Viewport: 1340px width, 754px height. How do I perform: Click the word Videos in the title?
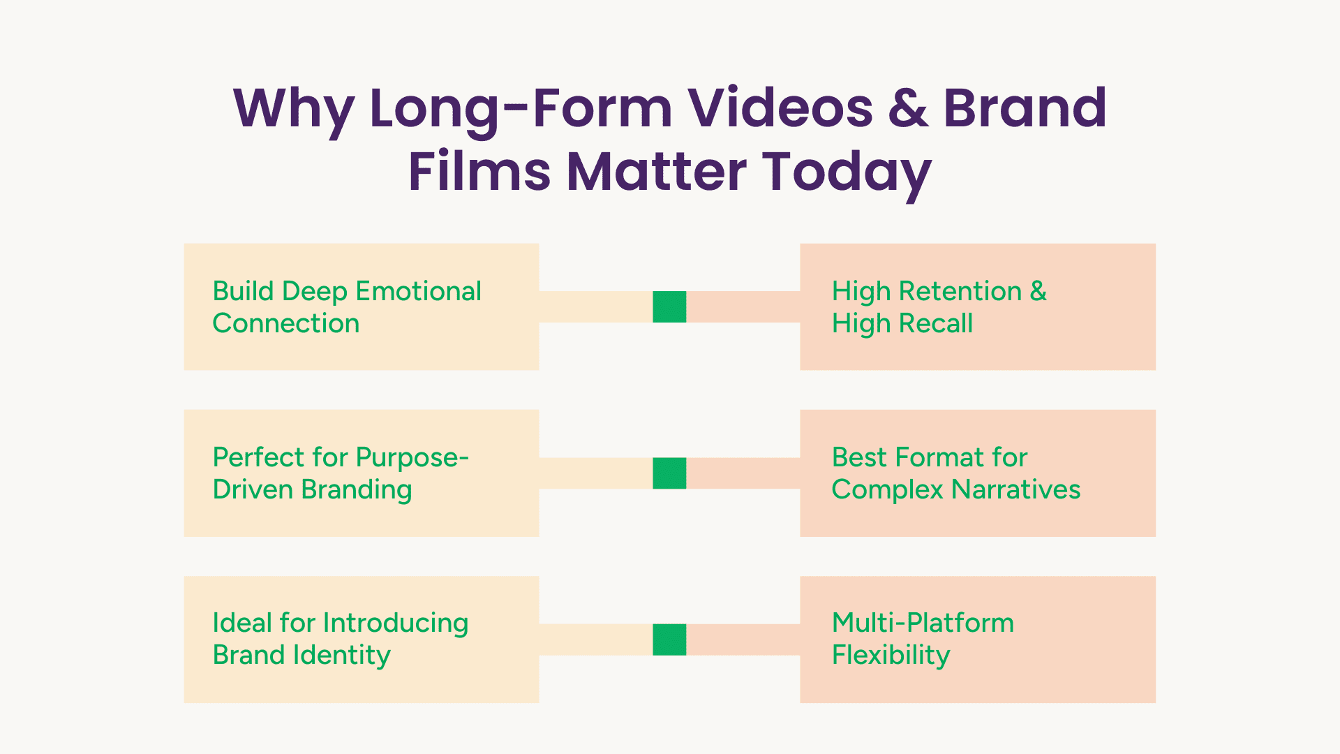click(x=780, y=108)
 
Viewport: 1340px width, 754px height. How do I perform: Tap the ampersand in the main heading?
click(x=908, y=108)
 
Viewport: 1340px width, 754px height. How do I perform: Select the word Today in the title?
click(x=846, y=173)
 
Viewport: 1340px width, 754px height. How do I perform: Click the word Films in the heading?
click(x=479, y=171)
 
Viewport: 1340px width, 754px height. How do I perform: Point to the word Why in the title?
click(x=293, y=110)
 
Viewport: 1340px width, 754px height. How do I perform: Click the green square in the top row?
click(x=669, y=306)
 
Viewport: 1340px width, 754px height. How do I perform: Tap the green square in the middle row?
click(x=669, y=473)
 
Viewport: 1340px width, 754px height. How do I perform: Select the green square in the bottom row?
click(x=669, y=640)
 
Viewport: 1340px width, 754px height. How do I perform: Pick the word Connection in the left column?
click(x=286, y=323)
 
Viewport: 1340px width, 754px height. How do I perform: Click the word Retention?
click(x=960, y=291)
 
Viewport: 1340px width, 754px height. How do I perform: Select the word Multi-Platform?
click(x=923, y=623)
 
